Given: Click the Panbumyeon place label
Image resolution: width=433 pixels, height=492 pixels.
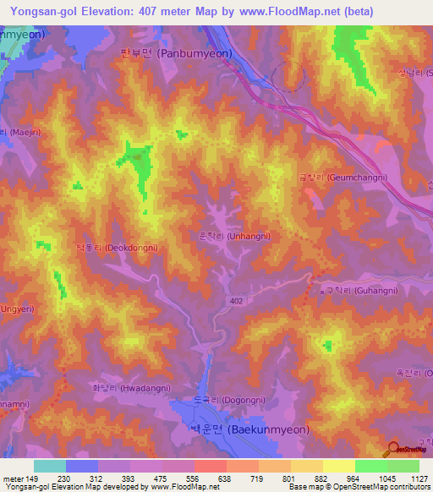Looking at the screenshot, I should click(x=172, y=52).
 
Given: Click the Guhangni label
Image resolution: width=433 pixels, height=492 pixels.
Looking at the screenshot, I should click(x=354, y=290).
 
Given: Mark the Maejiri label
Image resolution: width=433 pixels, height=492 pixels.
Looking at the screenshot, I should click(x=16, y=132).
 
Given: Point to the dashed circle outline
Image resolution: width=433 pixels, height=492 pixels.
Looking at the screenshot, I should click(x=289, y=76).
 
